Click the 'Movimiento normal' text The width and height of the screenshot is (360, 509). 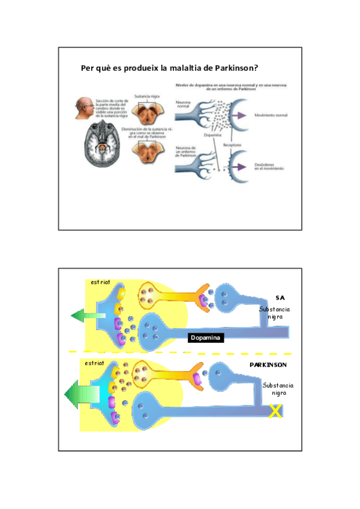[x=271, y=115]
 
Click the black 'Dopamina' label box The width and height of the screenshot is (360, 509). [x=206, y=338]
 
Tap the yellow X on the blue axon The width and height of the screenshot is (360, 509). [x=275, y=411]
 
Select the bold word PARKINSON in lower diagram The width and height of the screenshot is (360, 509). [x=268, y=364]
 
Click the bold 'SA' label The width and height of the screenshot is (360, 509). [x=279, y=297]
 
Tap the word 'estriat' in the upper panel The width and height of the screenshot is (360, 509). [x=100, y=283]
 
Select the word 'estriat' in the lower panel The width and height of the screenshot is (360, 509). [x=95, y=363]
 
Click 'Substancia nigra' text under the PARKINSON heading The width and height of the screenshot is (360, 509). [x=278, y=388]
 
